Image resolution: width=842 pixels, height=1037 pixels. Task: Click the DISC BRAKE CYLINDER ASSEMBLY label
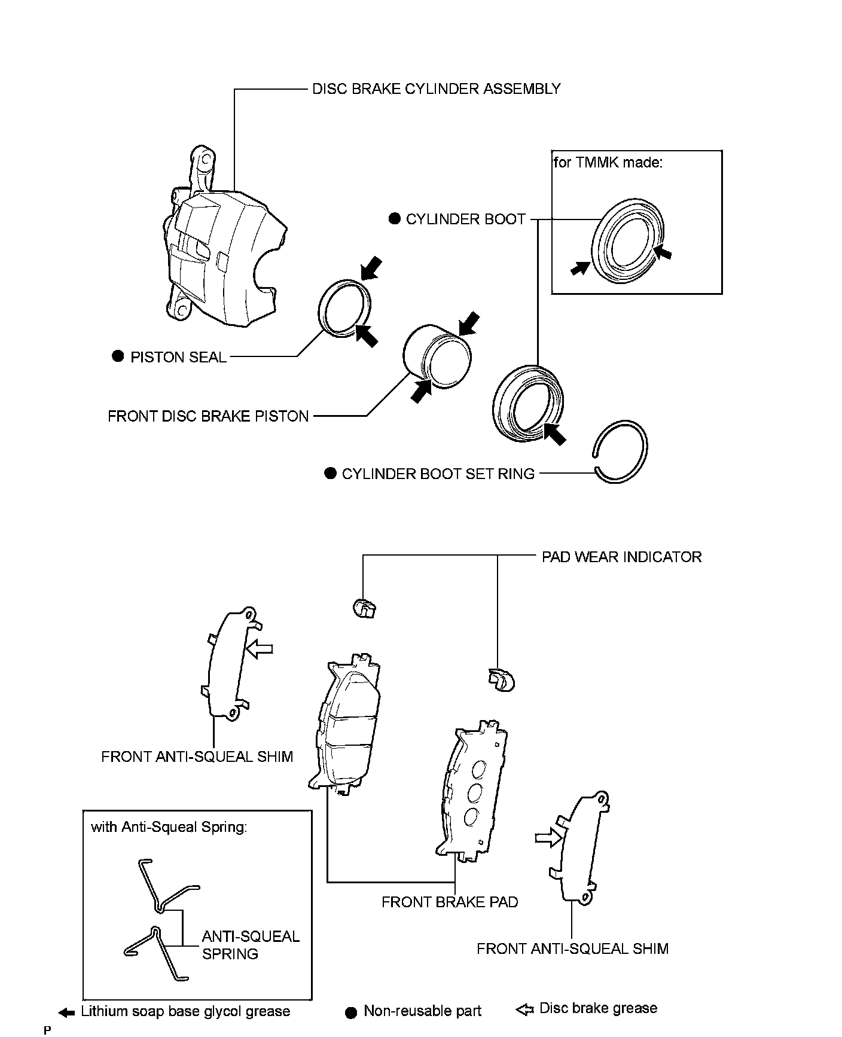tap(437, 89)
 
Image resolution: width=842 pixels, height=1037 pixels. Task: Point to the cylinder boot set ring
tap(622, 451)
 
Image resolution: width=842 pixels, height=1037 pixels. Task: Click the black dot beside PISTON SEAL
tap(118, 356)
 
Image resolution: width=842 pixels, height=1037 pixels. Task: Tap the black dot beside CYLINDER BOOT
tap(394, 219)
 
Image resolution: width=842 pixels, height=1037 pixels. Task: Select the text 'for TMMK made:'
tap(608, 163)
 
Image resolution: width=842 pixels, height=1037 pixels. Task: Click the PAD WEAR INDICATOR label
tap(621, 557)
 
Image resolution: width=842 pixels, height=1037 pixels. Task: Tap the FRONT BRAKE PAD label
tap(450, 902)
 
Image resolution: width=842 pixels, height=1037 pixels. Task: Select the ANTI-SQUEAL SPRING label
tap(251, 945)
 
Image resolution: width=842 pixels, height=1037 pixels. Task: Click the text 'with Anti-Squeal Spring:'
tap(169, 827)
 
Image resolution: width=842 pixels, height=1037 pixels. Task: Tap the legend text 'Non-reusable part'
tap(422, 1011)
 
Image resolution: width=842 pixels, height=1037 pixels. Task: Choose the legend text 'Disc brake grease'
tap(598, 1008)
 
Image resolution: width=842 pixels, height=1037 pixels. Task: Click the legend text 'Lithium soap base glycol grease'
tap(185, 1011)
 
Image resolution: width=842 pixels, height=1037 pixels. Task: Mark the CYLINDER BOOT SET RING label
tap(438, 474)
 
